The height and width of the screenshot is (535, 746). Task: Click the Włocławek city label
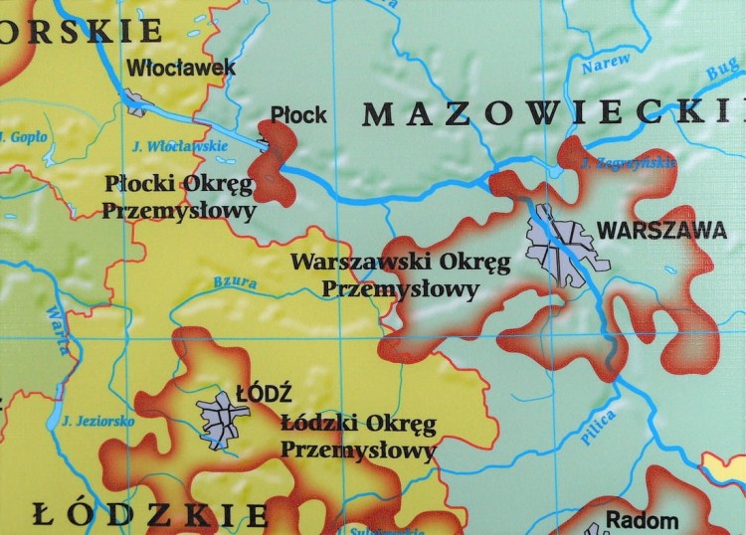(x=182, y=68)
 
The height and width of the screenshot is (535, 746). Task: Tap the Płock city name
(x=298, y=114)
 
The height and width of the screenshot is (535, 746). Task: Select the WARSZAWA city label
(x=660, y=230)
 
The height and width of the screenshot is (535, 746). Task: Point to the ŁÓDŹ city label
(x=256, y=393)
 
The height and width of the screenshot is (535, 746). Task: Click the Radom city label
(x=642, y=520)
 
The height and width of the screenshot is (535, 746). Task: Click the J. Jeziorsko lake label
(x=97, y=421)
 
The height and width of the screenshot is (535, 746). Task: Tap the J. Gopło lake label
(x=24, y=135)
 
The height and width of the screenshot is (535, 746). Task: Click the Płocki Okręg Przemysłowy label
(x=179, y=197)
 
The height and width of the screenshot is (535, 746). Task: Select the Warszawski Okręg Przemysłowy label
(x=400, y=275)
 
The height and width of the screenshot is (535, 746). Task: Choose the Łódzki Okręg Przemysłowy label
(x=358, y=438)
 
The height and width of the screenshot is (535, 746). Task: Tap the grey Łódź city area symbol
(x=222, y=419)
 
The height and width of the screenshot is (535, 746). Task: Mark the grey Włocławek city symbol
(x=135, y=99)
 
